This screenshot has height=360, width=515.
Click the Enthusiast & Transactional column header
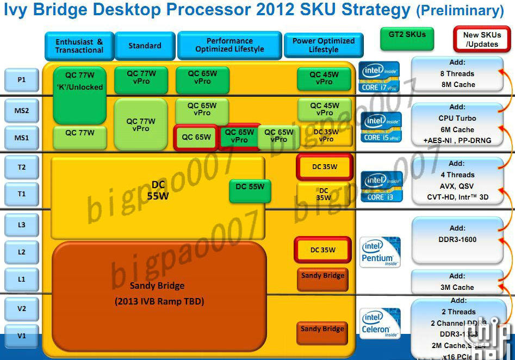[x=79, y=46]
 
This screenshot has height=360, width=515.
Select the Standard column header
[x=145, y=46]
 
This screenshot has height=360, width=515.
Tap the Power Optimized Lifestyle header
[x=324, y=45]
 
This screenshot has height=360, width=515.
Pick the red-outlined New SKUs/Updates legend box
[x=482, y=39]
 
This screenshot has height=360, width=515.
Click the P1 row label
[x=22, y=79]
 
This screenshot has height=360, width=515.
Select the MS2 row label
[x=22, y=110]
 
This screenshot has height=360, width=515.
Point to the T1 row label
[x=22, y=194]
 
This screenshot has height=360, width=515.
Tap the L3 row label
[x=22, y=224]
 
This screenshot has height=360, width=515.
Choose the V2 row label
[x=22, y=308]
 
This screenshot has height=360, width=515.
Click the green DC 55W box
[x=250, y=187]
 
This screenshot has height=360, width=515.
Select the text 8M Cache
[x=457, y=85]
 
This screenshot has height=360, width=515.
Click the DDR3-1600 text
[x=457, y=240]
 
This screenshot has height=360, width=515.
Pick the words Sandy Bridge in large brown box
[x=157, y=285]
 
